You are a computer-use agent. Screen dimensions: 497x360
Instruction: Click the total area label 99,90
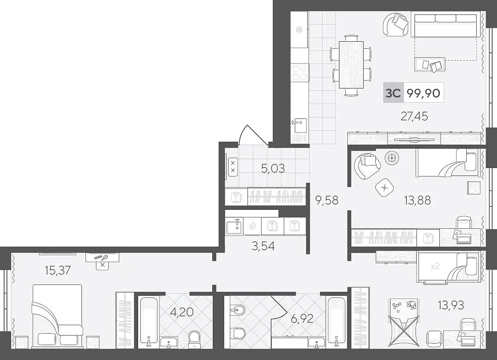[423, 93]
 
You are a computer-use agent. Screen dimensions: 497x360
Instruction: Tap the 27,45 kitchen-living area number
[414, 116]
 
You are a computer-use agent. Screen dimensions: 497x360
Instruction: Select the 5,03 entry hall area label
[273, 169]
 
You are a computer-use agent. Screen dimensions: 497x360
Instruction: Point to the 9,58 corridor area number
[327, 200]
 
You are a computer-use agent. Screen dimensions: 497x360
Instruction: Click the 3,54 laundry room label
[263, 246]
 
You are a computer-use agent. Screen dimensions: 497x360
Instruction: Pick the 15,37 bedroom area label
[58, 270]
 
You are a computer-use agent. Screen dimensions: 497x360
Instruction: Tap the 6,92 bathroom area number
[302, 318]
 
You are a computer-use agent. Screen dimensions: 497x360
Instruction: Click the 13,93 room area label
[451, 305]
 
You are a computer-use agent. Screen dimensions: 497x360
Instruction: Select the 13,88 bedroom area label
[417, 200]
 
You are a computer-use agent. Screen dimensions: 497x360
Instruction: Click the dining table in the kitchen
[351, 65]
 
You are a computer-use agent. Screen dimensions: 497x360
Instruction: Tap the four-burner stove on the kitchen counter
[300, 73]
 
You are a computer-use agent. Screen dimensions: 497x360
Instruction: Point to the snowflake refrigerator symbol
[298, 30]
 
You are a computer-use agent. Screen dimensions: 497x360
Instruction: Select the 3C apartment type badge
[393, 93]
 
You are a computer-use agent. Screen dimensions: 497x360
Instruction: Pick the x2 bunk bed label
[435, 266]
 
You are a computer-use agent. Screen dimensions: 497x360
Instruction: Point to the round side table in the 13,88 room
[392, 157]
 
